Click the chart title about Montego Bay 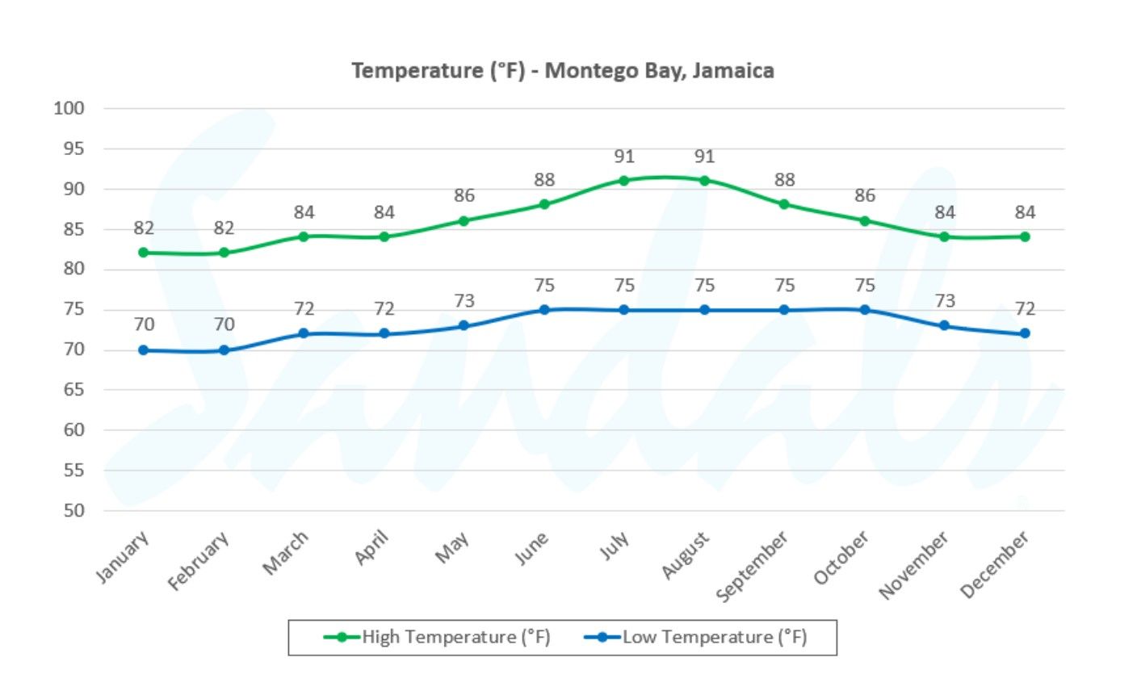[562, 71]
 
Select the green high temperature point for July [623, 180]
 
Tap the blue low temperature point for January [144, 350]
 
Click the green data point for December [1025, 237]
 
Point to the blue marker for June [544, 310]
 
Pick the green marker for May [464, 220]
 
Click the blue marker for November [944, 325]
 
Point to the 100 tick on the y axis [69, 108]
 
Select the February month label [199, 562]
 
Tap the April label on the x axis [372, 548]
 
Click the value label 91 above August [704, 157]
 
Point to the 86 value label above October [864, 196]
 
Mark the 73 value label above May [464, 301]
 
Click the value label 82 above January [144, 228]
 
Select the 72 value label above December [1025, 308]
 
